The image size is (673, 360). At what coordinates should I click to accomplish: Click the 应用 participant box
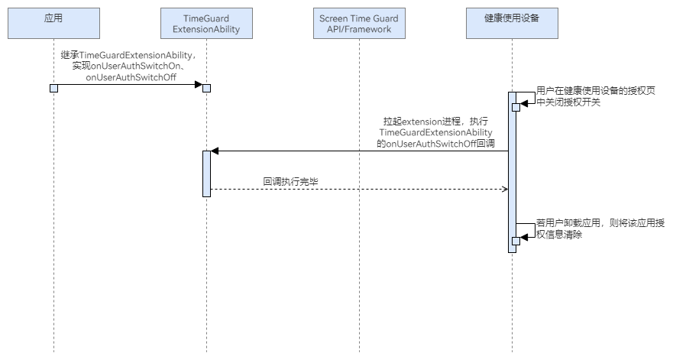53,23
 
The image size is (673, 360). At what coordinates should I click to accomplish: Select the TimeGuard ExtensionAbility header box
206,23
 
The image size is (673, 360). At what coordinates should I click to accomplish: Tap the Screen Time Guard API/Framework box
359,23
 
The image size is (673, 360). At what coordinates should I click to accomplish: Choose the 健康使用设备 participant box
512,23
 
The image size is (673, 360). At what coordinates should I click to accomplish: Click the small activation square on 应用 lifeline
53,88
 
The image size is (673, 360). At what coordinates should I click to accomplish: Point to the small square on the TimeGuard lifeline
206,88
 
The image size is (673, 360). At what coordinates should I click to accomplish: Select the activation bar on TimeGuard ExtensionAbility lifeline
206,174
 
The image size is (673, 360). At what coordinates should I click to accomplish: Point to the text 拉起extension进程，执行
435,122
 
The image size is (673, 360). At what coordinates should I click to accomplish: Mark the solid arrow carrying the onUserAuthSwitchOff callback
359,151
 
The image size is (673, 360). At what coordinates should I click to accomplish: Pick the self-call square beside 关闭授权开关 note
516,107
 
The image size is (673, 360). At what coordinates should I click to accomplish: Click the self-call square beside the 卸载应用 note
516,241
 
